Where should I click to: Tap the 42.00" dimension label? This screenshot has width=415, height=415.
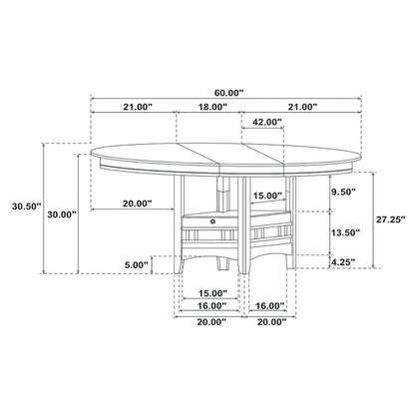pyautogui.click(x=264, y=122)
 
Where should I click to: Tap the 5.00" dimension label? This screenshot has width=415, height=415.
pyautogui.click(x=135, y=264)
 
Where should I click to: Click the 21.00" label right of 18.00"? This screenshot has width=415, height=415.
pyautogui.click(x=300, y=106)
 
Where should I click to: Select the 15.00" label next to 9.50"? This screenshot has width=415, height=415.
pyautogui.click(x=265, y=196)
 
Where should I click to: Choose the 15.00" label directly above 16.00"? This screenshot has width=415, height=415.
pyautogui.click(x=211, y=293)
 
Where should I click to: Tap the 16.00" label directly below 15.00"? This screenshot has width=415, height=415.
pyautogui.click(x=211, y=307)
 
